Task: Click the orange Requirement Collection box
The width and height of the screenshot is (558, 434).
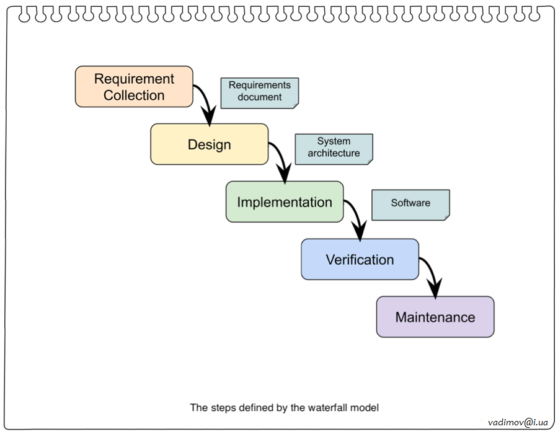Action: click(134, 87)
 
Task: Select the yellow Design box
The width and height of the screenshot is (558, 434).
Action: click(209, 144)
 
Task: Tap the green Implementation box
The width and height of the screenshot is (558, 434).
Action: click(284, 202)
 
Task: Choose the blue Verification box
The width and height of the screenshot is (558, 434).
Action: click(360, 260)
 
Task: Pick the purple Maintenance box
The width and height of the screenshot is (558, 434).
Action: click(435, 317)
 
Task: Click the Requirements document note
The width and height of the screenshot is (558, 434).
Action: click(260, 92)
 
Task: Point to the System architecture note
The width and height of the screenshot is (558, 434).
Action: click(334, 148)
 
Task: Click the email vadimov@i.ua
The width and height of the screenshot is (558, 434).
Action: click(518, 422)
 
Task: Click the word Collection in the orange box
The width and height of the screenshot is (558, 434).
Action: click(134, 95)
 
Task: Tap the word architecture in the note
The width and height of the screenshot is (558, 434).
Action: click(334, 153)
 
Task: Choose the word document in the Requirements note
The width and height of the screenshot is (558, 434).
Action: click(260, 97)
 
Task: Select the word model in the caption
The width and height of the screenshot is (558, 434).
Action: click(366, 408)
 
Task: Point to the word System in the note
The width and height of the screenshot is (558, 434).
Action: click(334, 141)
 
